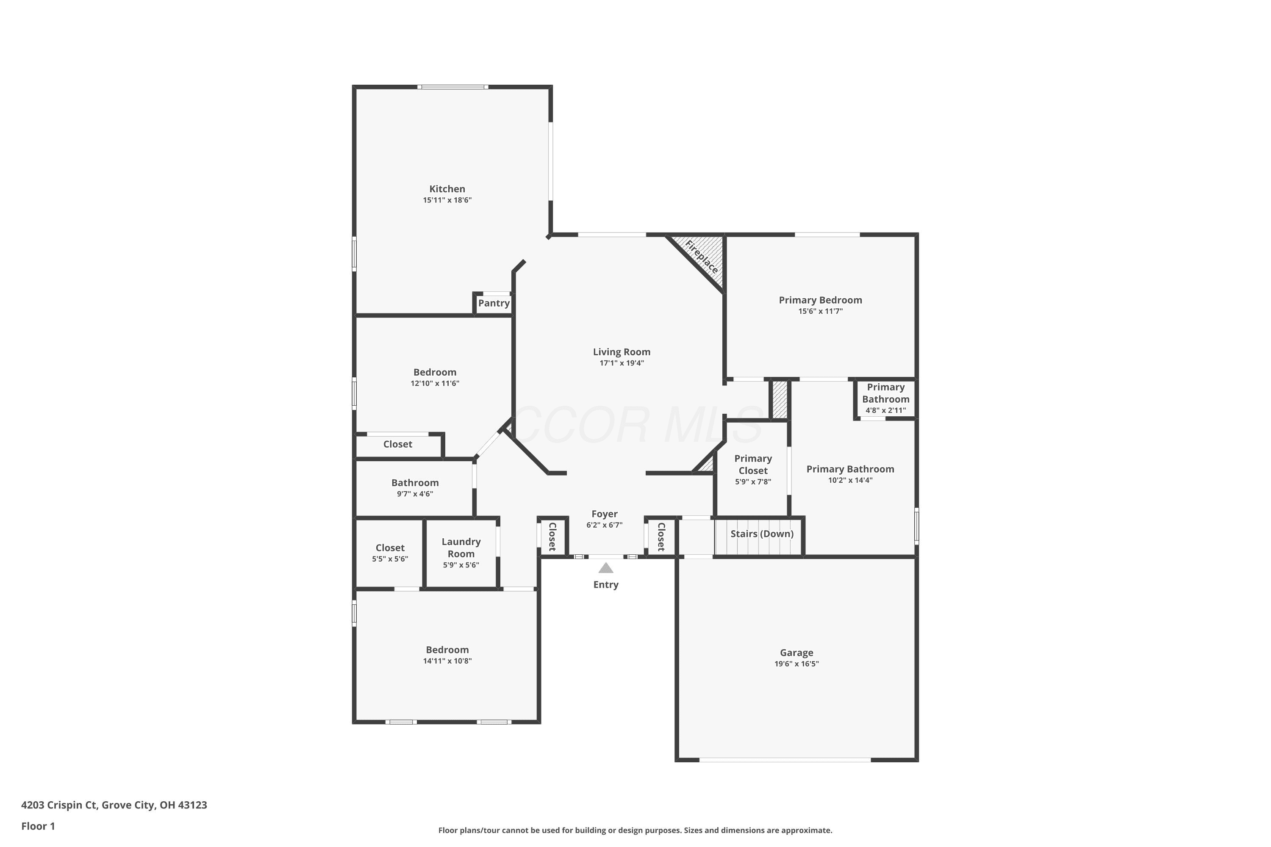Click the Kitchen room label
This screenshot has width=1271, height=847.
[447, 189]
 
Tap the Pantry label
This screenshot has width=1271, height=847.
[494, 303]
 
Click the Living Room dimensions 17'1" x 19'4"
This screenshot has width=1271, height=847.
[622, 363]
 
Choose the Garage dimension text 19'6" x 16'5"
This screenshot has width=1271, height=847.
[796, 664]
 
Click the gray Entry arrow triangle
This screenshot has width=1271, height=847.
[606, 568]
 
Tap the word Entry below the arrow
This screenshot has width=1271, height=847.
[606, 584]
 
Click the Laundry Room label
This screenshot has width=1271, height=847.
[461, 548]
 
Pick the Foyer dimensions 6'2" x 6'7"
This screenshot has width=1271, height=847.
[604, 525]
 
